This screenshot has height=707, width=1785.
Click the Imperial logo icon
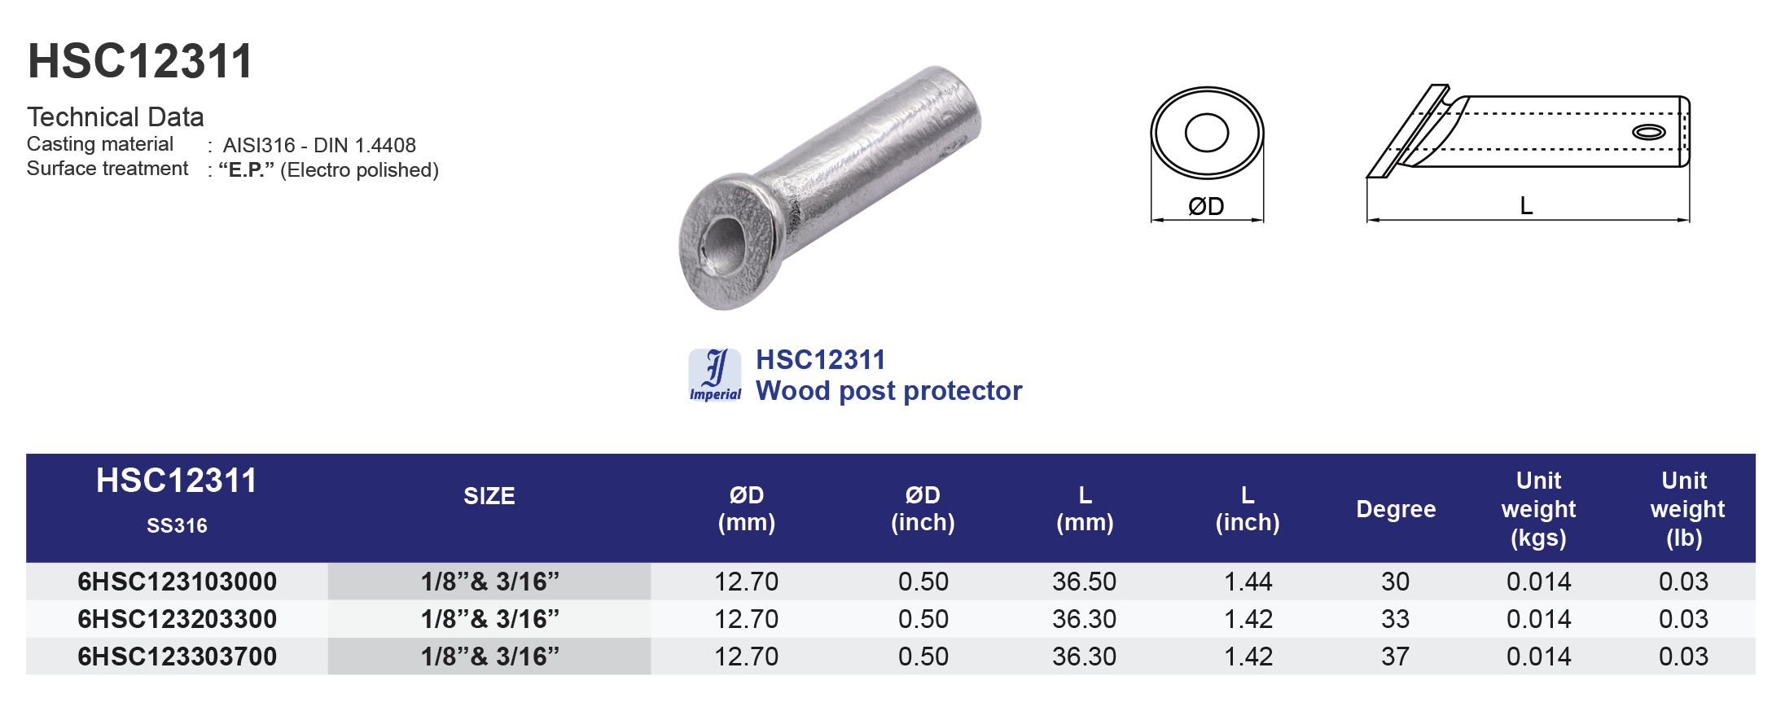pyautogui.click(x=715, y=375)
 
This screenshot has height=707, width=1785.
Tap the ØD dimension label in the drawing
pyautogui.click(x=1206, y=206)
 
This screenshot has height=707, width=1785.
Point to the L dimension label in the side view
pyautogui.click(x=1526, y=205)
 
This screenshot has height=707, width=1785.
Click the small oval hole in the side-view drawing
pyautogui.click(x=1648, y=132)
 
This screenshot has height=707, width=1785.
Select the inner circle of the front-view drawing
pyautogui.click(x=1206, y=134)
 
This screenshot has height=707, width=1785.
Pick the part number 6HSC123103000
pyautogui.click(x=177, y=582)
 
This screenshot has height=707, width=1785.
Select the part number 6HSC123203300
pyautogui.click(x=177, y=619)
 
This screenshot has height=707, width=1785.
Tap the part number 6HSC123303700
pyautogui.click(x=177, y=656)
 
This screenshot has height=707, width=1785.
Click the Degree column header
pyautogui.click(x=1395, y=509)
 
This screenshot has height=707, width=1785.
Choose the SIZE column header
pyautogui.click(x=489, y=496)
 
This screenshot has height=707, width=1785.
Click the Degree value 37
pyautogui.click(x=1395, y=656)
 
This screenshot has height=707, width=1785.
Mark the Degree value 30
pyautogui.click(x=1395, y=582)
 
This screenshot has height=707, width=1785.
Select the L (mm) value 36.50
pyautogui.click(x=1084, y=582)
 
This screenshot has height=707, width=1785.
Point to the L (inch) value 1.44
pyautogui.click(x=1248, y=582)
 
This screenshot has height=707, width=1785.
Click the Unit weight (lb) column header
pyautogui.click(x=1685, y=509)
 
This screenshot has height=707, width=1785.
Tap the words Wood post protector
pyautogui.click(x=888, y=391)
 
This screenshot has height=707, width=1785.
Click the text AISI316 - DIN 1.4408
pyautogui.click(x=319, y=145)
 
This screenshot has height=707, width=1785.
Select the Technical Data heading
pyautogui.click(x=115, y=117)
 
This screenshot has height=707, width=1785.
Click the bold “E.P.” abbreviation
pyautogui.click(x=246, y=169)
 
